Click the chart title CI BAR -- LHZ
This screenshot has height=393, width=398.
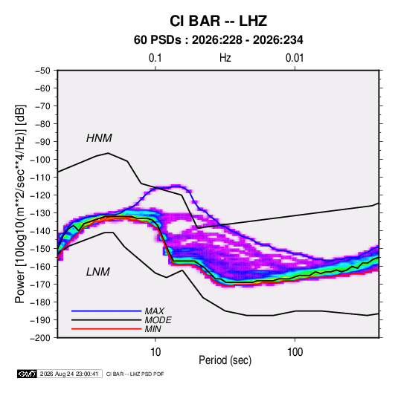click(218, 21)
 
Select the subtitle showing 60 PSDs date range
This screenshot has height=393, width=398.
click(218, 40)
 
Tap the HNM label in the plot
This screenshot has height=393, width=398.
click(99, 138)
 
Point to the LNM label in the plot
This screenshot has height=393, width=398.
click(98, 272)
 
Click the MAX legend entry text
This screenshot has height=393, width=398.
click(154, 311)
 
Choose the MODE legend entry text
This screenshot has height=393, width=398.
click(158, 320)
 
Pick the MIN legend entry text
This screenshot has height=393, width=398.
click(153, 329)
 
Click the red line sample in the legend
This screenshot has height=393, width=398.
click(106, 329)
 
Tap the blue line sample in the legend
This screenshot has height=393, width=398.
click(106, 311)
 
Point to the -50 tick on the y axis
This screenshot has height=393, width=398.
click(42, 71)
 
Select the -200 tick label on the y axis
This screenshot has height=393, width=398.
click(40, 338)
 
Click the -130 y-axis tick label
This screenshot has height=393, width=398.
click(40, 213)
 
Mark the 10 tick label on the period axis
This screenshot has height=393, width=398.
click(155, 352)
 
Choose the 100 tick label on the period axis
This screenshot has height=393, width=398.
click(295, 352)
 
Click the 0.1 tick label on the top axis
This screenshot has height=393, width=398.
click(155, 58)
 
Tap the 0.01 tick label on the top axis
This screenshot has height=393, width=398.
click(295, 58)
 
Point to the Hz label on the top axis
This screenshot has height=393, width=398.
click(225, 58)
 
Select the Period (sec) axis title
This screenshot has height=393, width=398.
click(225, 360)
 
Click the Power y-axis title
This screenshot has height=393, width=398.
click(20, 204)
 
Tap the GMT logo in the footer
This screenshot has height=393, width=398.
click(28, 374)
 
